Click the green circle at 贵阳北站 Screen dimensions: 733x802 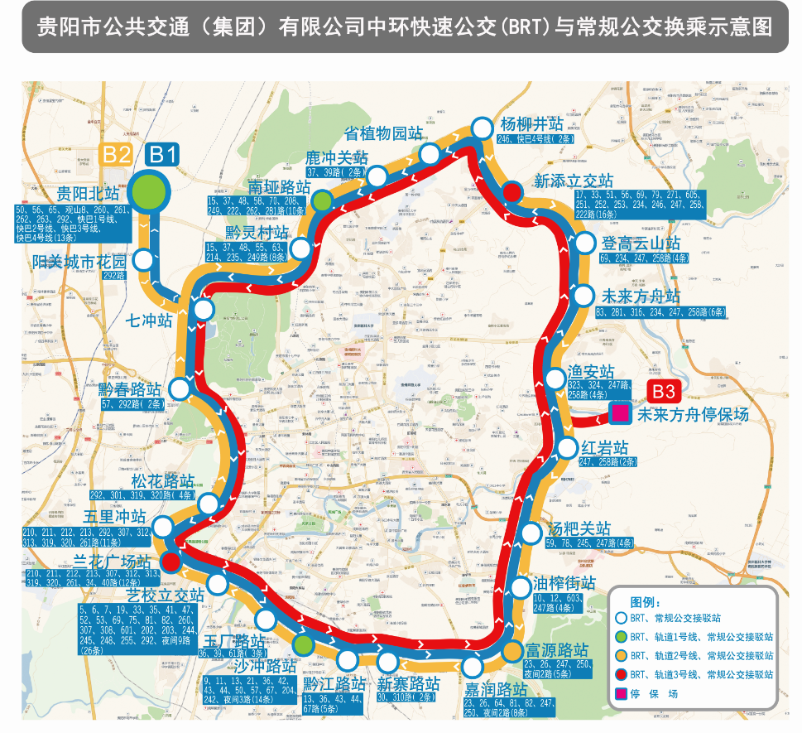pos(151,190)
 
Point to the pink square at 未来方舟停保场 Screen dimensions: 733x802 pos(619,412)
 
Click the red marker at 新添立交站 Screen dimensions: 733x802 pos(512,193)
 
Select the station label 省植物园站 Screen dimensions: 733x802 pos(382,133)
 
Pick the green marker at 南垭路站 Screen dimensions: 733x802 pos(322,199)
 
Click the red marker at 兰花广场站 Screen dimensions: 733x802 pos(170,563)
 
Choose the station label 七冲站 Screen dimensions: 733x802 pos(148,319)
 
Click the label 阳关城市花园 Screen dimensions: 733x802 pos(79,261)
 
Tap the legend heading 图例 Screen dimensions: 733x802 pos(646,601)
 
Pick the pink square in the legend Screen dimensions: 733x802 pos(621,693)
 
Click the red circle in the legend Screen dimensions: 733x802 pos(621,674)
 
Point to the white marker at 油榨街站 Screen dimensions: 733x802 pos(521,587)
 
